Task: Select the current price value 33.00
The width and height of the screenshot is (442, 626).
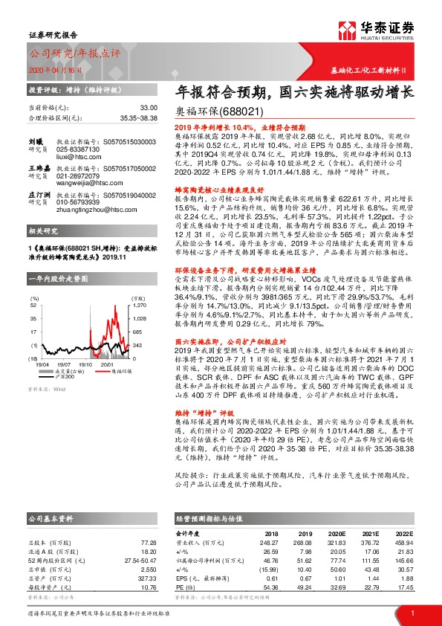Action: coord(148,108)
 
